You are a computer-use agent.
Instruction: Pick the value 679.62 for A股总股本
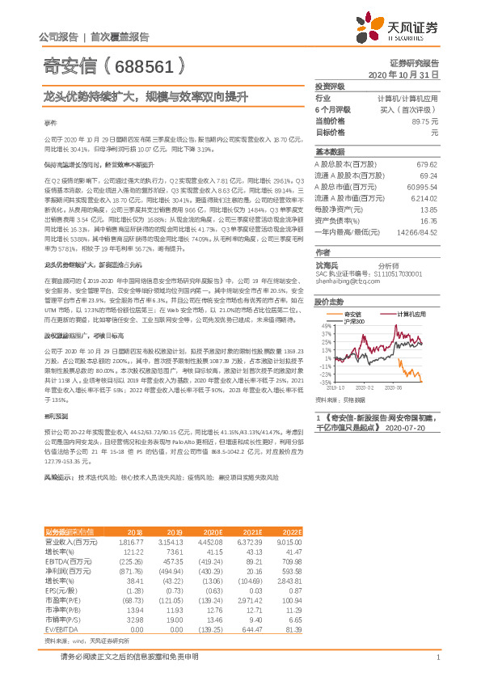(426, 163)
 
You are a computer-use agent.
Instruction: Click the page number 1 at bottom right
(437, 657)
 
